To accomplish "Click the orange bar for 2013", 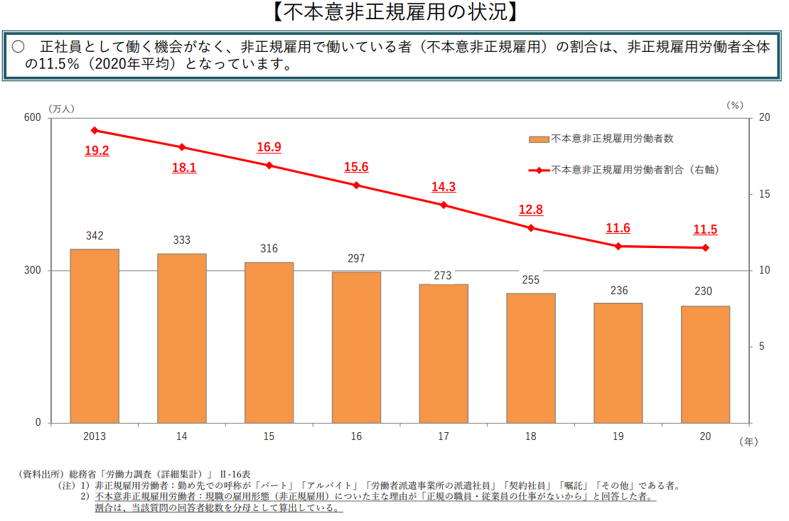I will pos(95,336).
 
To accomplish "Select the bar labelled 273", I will pos(444,353).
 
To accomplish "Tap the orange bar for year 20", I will pos(705,364).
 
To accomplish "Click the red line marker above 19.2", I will pos(95,130).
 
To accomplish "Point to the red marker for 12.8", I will pos(531,228).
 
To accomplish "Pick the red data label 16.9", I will pos(269,147).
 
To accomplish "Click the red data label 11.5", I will pos(705,230).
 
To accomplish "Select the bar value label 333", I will pos(182,240).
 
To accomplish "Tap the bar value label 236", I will pos(618,290).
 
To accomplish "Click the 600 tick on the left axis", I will pos(33,118).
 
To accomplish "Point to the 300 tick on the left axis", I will pos(33,271).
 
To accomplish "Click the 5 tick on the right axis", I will pos(761,346).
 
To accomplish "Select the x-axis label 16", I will pos(356,436).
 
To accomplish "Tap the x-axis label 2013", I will pos(94,436).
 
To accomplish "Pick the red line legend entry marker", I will pos(540,171).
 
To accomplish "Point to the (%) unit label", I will pos(734,105).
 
